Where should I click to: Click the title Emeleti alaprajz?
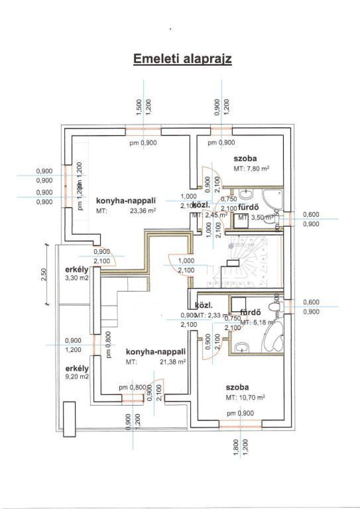pyautogui.click(x=182, y=58)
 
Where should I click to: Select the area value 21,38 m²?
pyautogui.click(x=173, y=362)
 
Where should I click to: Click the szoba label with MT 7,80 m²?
pyautogui.click(x=245, y=159)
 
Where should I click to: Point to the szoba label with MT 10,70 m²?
pyautogui.click(x=237, y=387)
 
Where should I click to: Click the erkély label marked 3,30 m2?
pyautogui.click(x=77, y=270)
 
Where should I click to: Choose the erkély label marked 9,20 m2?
pyautogui.click(x=77, y=369)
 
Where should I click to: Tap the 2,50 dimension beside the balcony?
pyautogui.click(x=43, y=274)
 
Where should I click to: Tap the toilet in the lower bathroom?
pyautogui.click(x=273, y=307)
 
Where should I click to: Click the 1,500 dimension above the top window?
pyautogui.click(x=139, y=107)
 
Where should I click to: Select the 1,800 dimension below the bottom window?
pyautogui.click(x=236, y=447)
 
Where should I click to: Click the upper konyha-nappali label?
pyautogui.click(x=126, y=201)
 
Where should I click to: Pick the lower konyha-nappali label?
pyautogui.click(x=155, y=352)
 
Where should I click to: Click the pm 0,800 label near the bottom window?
pyautogui.click(x=132, y=388)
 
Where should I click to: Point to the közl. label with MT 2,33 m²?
pyautogui.click(x=204, y=305)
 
